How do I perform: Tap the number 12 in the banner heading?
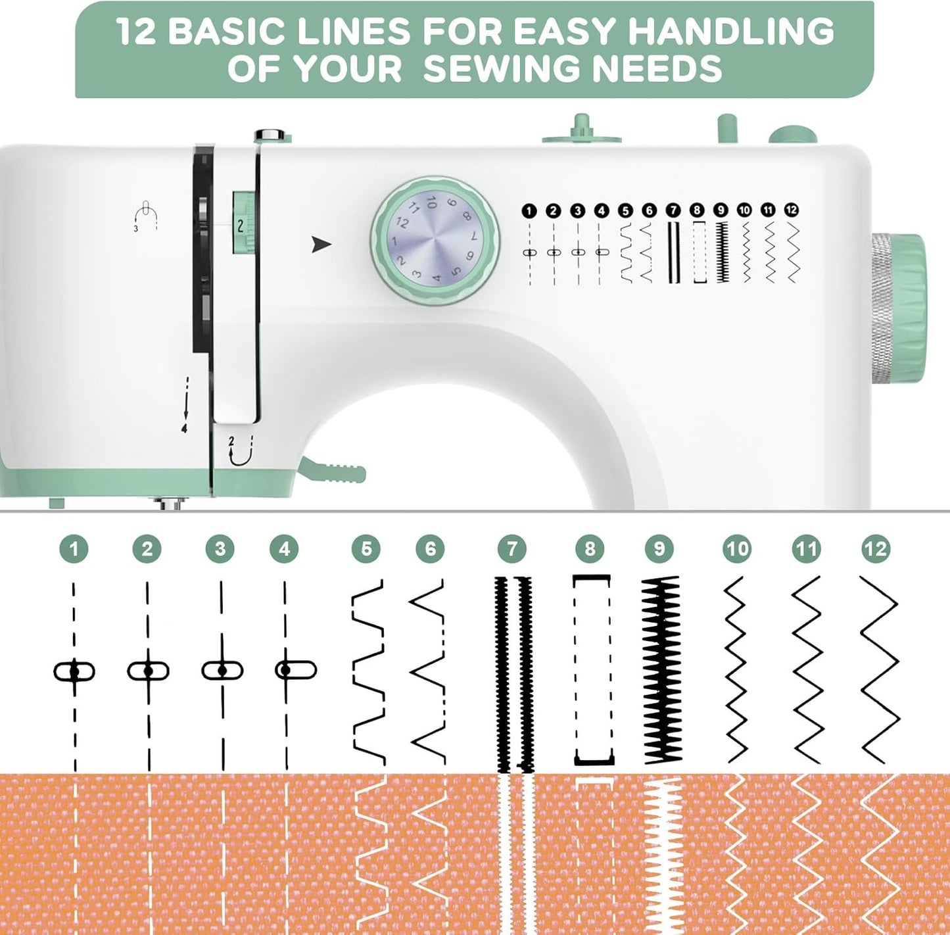136,31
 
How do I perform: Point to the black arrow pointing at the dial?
321,245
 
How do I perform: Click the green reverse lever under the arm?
333,470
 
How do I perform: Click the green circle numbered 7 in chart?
512,549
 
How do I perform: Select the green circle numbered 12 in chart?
875,549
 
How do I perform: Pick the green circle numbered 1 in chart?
74,549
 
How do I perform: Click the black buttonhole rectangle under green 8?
592,669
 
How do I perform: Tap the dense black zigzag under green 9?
661,669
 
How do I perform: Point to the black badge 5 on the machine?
625,210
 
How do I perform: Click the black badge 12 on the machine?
792,210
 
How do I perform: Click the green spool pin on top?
581,129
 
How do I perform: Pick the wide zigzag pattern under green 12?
879,669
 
